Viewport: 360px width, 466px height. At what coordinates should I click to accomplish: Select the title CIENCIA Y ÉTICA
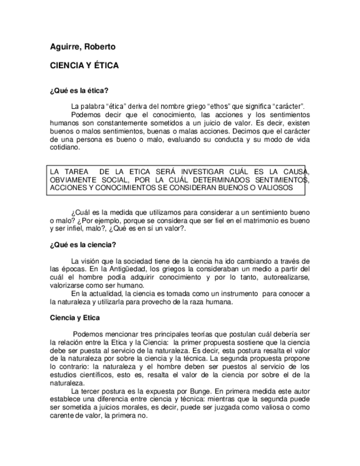(84, 65)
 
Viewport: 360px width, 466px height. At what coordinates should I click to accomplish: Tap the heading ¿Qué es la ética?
(79, 90)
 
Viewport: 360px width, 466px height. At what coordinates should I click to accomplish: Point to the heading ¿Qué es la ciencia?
(82, 244)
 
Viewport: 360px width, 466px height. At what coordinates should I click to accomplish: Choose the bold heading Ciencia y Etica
(75, 317)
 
